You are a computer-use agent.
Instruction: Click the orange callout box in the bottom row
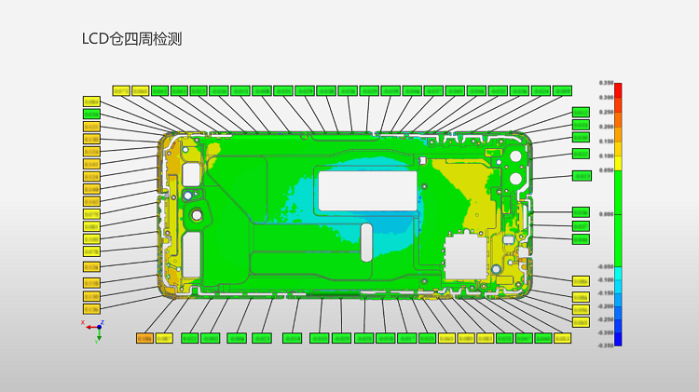(x=145, y=338)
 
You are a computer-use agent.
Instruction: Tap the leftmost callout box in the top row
(x=121, y=90)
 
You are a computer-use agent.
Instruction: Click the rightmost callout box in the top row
(x=562, y=90)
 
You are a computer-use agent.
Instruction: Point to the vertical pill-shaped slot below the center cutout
(x=366, y=240)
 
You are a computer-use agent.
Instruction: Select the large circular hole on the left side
(x=197, y=216)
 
